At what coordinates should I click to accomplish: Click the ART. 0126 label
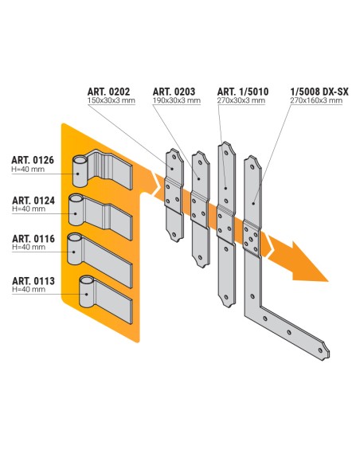point(33,160)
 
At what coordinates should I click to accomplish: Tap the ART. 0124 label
point(33,200)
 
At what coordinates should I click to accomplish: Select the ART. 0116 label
point(33,240)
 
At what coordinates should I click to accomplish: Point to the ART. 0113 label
point(33,280)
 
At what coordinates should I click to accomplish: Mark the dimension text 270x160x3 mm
point(319,103)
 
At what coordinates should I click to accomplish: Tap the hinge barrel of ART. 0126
point(80,170)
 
